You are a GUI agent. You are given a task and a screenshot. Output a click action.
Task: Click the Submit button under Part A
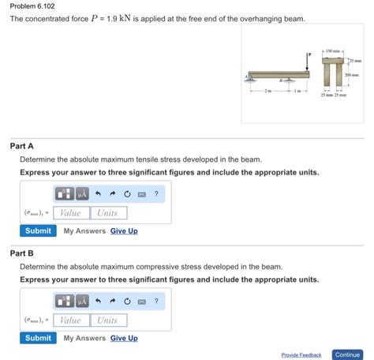click(38, 231)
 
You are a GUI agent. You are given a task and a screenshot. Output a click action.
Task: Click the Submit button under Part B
click(38, 338)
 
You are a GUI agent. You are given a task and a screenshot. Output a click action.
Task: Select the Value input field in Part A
click(70, 212)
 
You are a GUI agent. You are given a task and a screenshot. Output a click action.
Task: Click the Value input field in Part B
click(70, 320)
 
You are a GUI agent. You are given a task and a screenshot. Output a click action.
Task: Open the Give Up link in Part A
click(124, 231)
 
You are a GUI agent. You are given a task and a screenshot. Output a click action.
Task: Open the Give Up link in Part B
click(124, 338)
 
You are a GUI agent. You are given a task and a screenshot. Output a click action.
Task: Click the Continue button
click(347, 354)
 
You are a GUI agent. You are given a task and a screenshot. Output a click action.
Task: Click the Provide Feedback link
click(301, 355)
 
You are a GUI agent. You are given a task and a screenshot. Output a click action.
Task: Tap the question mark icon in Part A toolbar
click(156, 193)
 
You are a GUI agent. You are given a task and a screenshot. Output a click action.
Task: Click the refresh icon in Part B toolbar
click(126, 301)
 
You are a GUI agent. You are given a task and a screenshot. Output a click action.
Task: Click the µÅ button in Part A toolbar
click(81, 193)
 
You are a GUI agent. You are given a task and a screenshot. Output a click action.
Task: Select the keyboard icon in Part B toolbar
click(141, 301)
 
